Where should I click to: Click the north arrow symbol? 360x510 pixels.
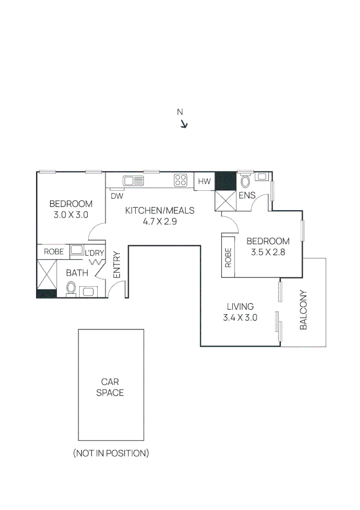184,124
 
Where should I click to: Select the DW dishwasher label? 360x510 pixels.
117,195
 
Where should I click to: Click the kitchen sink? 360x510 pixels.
134,180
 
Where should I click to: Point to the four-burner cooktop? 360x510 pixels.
180,180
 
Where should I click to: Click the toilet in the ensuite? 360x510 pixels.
245,180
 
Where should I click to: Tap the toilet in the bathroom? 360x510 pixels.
71,288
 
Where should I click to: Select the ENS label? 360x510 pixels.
247,195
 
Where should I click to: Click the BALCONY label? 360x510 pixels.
304,310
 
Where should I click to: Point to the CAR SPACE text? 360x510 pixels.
110,387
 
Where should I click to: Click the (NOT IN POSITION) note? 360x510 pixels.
111,453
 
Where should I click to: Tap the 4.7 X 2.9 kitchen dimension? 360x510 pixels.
159,221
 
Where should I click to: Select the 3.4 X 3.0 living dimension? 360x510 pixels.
240,317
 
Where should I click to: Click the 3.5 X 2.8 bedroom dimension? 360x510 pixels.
268,252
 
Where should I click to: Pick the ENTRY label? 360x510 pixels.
117,264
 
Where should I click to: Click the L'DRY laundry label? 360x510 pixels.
94,253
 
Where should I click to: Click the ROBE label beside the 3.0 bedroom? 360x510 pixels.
54,252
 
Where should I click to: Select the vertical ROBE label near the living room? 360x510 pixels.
228,258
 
